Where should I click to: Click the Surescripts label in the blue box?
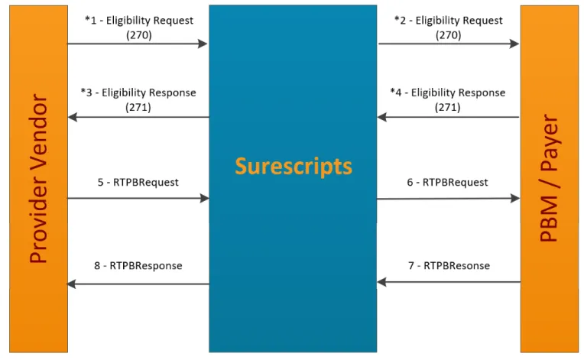pos(293,167)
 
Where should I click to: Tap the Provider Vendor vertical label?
pos(38,179)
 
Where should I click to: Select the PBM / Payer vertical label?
pos(549,178)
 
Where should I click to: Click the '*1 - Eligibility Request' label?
pos(139,21)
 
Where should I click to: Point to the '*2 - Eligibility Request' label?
pos(449,21)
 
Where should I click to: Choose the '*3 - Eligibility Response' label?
pos(138,92)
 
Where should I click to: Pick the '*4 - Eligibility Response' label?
pos(448,92)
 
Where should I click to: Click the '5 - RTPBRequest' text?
pos(138,183)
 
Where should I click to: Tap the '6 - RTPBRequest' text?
pos(447,183)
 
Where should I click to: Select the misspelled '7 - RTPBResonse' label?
pos(449,266)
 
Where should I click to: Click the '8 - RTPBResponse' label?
pos(138,266)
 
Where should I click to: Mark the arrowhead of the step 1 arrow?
pos(203,44)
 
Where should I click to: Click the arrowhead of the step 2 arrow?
pos(514,44)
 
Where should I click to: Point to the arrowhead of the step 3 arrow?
pos(73,117)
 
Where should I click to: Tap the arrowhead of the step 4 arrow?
pos(381,117)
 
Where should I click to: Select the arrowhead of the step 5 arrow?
pos(204,198)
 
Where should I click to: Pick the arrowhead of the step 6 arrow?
pos(515,198)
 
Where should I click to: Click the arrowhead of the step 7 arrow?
pos(381,282)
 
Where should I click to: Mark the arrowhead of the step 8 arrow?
pos(72,284)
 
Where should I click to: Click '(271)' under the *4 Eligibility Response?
pos(448,108)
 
